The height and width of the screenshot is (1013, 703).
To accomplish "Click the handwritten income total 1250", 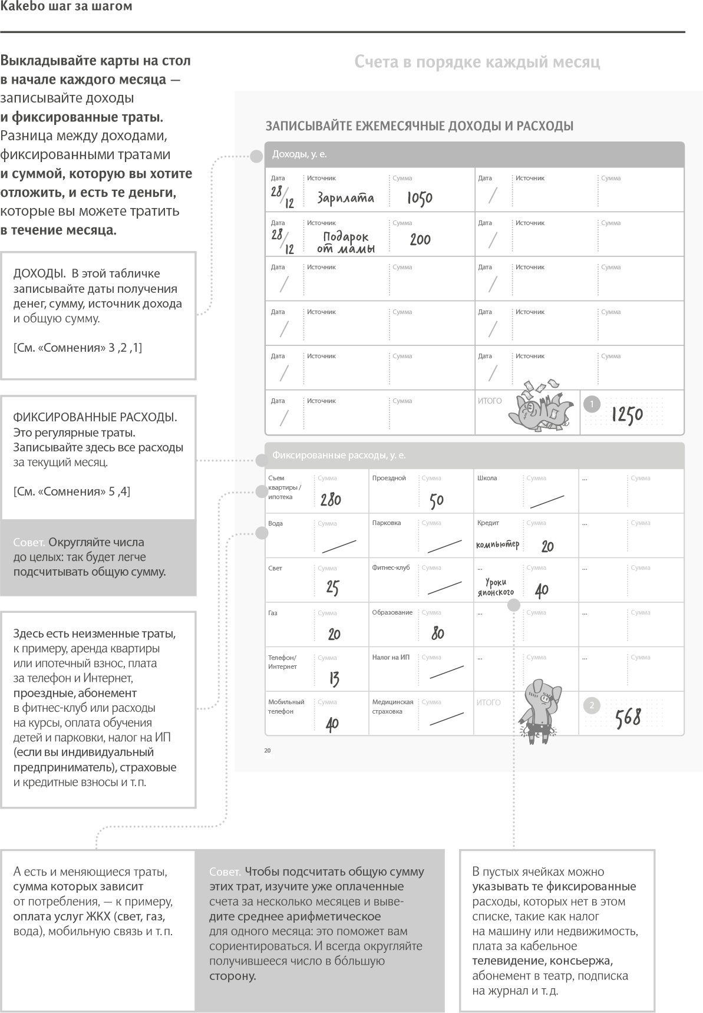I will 626,415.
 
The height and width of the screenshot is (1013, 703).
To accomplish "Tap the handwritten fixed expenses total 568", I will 628,718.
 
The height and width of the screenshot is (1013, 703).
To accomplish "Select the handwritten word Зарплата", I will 345,198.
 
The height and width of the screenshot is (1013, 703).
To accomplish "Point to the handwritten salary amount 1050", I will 420,198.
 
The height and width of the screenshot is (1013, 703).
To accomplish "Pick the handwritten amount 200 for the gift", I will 420,240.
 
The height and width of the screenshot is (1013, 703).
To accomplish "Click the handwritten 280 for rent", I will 331,500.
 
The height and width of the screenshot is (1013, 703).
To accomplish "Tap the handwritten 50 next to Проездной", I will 436,500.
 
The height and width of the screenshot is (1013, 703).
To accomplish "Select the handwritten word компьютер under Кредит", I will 498,545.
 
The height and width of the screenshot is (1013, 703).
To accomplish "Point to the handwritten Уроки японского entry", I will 496,587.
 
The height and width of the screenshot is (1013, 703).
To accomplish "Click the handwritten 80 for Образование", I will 437,633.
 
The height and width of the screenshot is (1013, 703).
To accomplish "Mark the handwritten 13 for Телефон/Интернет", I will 334,679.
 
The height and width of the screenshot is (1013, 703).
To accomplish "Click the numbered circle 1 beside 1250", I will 592,404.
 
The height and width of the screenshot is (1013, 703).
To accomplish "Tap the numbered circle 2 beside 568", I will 592,705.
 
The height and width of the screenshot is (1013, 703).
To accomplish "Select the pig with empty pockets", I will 540,710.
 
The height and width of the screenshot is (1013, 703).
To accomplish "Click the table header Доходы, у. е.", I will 299,154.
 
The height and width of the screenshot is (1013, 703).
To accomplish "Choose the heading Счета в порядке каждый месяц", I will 477,62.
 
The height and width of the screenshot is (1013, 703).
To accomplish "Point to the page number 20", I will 267,751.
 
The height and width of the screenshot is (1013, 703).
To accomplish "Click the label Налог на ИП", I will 391,657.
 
